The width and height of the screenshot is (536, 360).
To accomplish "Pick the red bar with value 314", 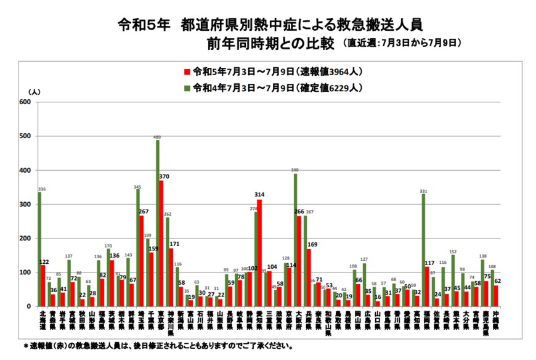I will pos(259,253).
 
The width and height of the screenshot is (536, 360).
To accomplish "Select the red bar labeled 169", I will pos(309,277).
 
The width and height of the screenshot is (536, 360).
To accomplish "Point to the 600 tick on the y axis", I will pos(25,102).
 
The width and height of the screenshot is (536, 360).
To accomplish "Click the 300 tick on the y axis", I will pos(25,204).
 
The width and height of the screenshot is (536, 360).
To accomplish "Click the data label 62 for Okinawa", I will pos(498,280).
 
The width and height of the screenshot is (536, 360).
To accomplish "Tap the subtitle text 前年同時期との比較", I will pos(270,44).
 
